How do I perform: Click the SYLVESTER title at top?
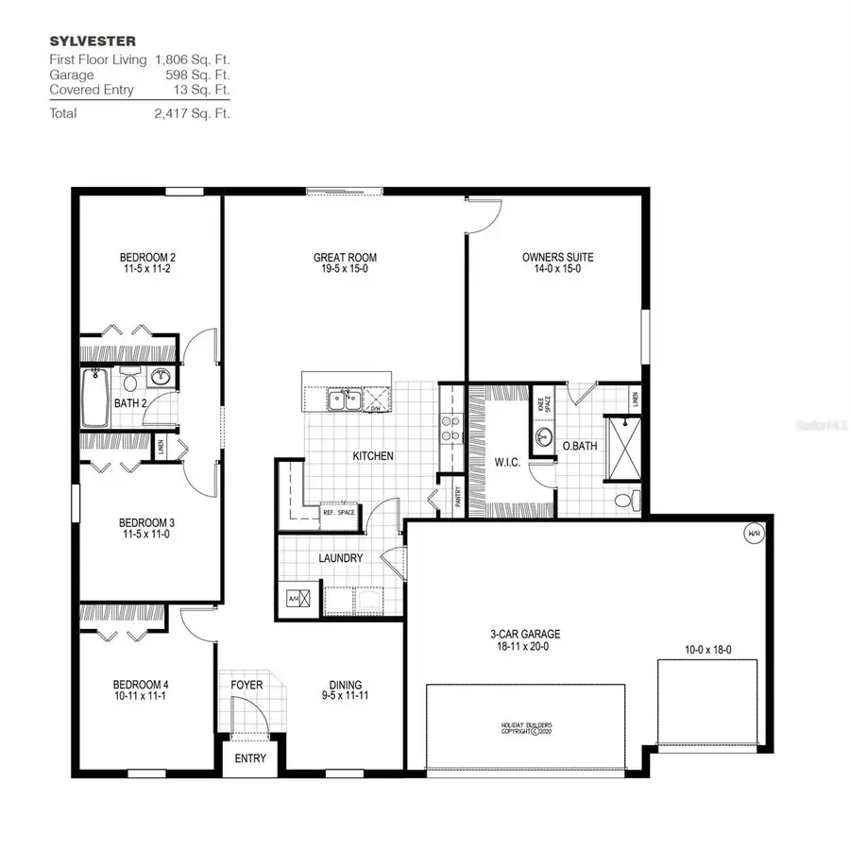tap(78, 42)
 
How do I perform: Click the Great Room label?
tap(345, 257)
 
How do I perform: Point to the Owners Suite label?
tap(557, 257)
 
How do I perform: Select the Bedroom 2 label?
tap(147, 257)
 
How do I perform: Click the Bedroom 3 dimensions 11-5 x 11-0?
tap(145, 535)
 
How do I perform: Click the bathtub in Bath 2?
tap(95, 398)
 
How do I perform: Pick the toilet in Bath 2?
tap(129, 382)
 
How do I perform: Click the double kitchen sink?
tap(343, 400)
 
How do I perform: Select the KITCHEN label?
tap(372, 456)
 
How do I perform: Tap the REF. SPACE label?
tap(338, 513)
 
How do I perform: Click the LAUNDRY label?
tap(340, 558)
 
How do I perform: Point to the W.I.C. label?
tap(507, 463)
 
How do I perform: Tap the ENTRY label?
tap(249, 758)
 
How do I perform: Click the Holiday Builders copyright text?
tap(525, 727)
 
